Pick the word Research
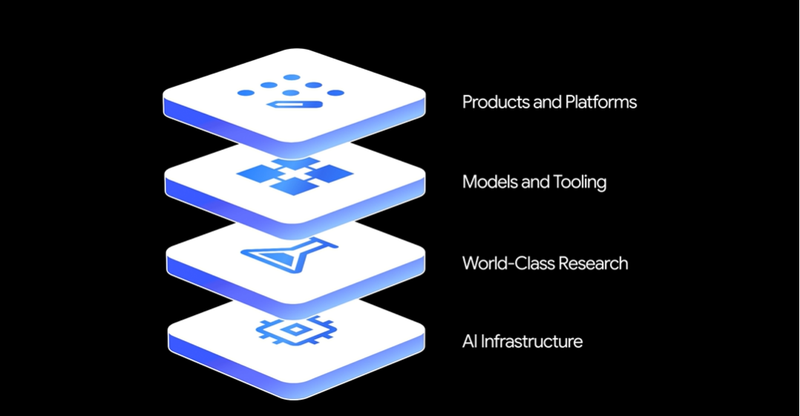(593, 263)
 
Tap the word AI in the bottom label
(470, 342)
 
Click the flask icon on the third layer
(290, 255)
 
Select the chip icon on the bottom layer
(295, 328)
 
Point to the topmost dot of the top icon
(292, 77)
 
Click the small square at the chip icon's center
(295, 328)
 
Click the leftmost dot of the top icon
(246, 94)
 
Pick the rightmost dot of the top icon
(336, 94)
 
